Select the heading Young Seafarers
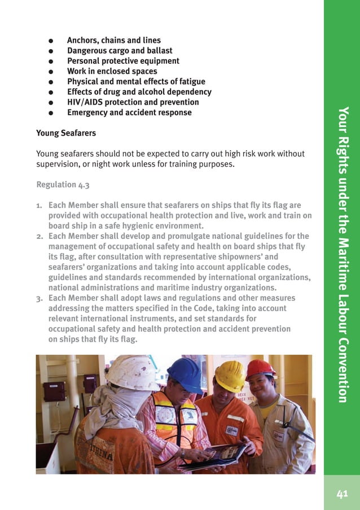(x=66, y=133)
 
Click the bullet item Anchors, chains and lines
(x=113, y=40)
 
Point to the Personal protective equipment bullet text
(x=123, y=60)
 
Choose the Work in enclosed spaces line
(x=112, y=71)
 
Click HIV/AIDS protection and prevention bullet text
(x=133, y=102)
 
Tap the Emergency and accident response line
(x=129, y=112)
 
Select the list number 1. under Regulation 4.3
(x=40, y=205)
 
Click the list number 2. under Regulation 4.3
(x=40, y=236)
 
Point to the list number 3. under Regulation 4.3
(x=40, y=298)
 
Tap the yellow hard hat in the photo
(x=230, y=375)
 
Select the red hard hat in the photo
(x=260, y=369)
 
